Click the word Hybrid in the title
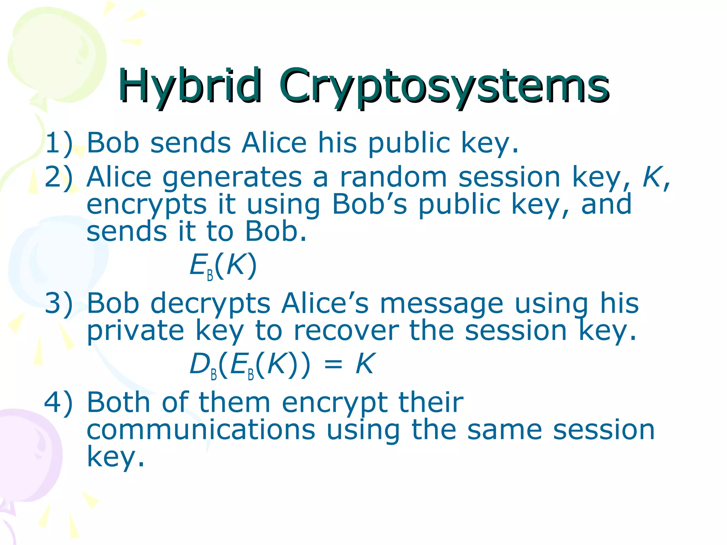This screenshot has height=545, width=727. coord(190,86)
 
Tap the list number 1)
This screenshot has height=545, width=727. coord(59,143)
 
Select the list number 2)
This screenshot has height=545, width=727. coord(59,177)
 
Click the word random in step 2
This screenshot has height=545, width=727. coord(393,177)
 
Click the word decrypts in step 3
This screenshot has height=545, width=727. coord(210,304)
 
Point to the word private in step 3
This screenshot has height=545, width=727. coord(135,331)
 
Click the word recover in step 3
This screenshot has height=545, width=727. coord(346,331)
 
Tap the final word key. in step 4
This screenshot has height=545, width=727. coord(116,457)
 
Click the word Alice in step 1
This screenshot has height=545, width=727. coord(274,143)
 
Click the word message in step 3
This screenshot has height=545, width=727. coord(441,304)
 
